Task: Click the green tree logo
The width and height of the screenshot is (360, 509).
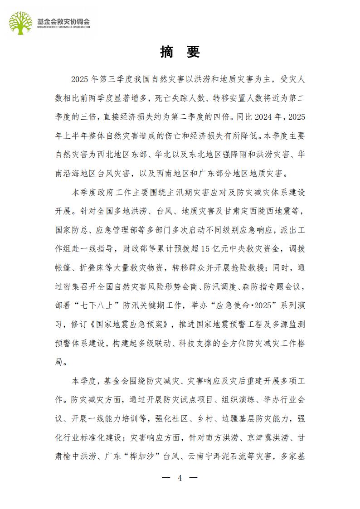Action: point(22,23)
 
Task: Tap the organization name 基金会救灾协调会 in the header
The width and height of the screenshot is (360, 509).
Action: point(63,21)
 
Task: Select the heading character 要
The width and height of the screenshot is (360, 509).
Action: point(193,52)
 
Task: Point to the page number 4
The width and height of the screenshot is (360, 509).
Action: point(180,478)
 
